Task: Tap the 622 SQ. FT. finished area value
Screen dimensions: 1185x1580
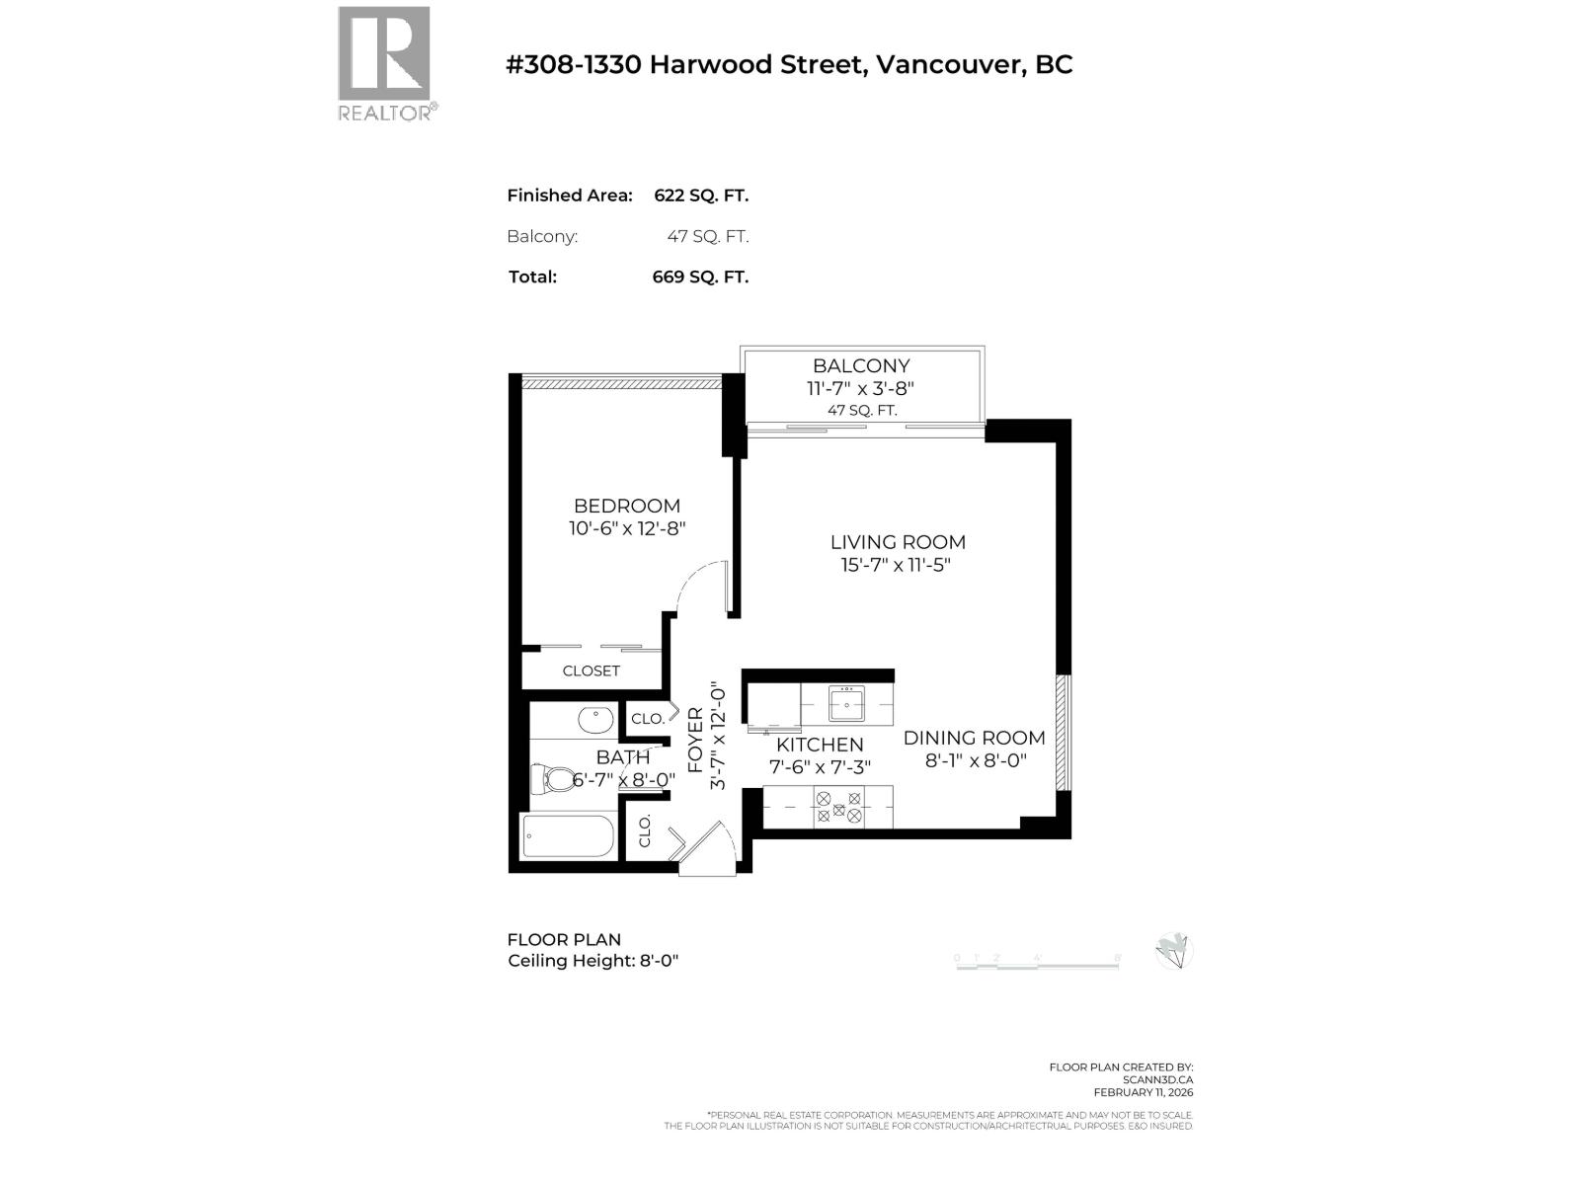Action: click(x=701, y=196)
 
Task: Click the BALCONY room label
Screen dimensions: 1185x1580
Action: click(x=861, y=365)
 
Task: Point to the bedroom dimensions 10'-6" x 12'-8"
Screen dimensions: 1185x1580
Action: click(x=627, y=528)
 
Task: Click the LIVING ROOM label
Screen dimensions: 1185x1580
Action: click(x=898, y=542)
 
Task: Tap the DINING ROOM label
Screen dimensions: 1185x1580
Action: click(x=974, y=738)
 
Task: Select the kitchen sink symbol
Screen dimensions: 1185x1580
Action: click(x=846, y=704)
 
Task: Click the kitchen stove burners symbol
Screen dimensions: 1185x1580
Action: click(x=838, y=808)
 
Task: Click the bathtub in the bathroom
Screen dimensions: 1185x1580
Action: click(x=569, y=837)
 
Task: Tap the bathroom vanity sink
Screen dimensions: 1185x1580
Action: click(x=594, y=719)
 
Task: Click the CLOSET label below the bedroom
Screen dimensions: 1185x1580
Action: click(x=592, y=671)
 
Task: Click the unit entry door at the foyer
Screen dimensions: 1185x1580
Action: click(x=709, y=847)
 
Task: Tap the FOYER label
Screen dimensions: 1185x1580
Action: click(x=695, y=740)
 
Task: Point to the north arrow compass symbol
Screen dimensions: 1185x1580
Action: click(x=1174, y=951)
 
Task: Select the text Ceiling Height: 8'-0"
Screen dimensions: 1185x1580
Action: click(x=592, y=961)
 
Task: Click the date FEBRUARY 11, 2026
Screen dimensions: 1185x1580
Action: click(x=1143, y=1092)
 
